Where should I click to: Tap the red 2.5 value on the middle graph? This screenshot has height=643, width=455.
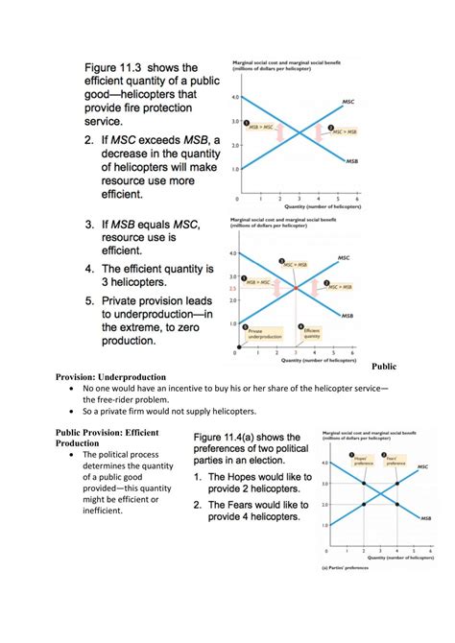pyautogui.click(x=232, y=289)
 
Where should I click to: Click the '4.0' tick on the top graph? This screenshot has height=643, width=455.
pyautogui.click(x=234, y=98)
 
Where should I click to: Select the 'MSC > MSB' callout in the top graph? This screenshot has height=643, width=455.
pyautogui.click(x=342, y=131)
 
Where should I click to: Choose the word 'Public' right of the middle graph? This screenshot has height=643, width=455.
pyautogui.click(x=383, y=366)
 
